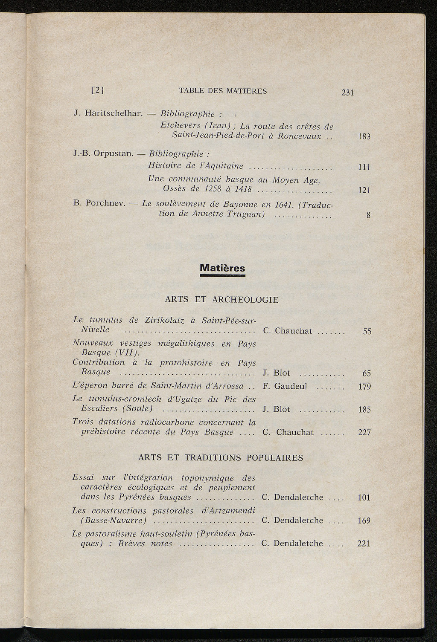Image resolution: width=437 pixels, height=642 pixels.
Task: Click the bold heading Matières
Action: [x=222, y=268]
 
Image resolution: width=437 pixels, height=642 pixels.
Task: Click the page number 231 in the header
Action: [x=348, y=93]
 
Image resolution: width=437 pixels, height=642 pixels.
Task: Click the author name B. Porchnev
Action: [x=99, y=203]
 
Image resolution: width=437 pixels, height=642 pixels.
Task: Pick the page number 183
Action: [x=364, y=137]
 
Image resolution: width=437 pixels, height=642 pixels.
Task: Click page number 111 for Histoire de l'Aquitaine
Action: [x=364, y=168]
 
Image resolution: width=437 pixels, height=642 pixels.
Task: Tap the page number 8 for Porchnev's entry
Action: [x=368, y=216]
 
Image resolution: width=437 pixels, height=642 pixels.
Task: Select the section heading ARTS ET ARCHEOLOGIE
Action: [x=221, y=300]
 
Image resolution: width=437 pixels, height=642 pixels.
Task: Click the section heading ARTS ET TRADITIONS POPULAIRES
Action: [x=221, y=458]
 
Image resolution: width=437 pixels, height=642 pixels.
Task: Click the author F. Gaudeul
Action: [x=285, y=387]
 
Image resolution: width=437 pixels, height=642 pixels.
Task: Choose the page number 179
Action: [x=364, y=387]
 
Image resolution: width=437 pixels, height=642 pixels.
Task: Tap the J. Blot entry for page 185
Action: [x=276, y=409]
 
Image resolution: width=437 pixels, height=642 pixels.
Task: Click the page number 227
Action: [x=364, y=433]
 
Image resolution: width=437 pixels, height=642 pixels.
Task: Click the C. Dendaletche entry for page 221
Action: [x=292, y=544]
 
